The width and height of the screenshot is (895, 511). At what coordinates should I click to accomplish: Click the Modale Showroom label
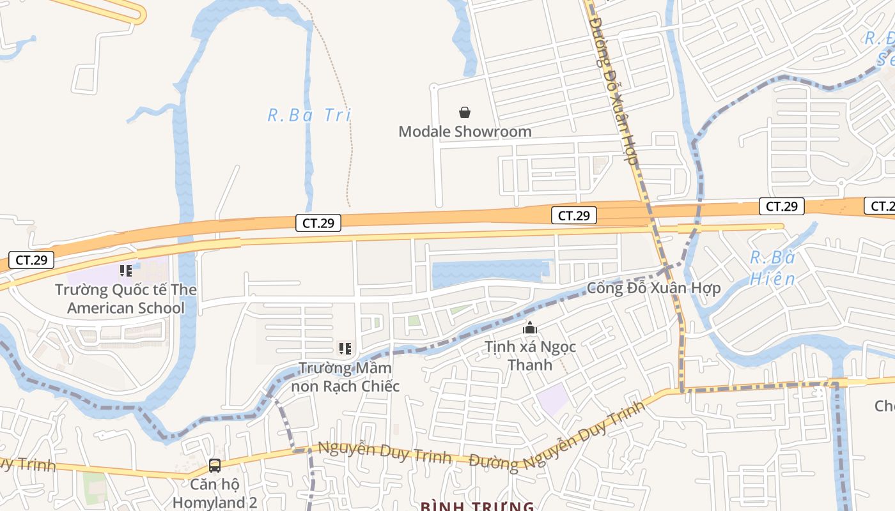click(465, 132)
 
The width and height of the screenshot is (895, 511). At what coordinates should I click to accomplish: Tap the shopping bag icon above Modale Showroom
click(465, 113)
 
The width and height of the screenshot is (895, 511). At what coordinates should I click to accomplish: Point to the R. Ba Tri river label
click(309, 116)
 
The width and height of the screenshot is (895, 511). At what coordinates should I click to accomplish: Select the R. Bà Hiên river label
click(772, 268)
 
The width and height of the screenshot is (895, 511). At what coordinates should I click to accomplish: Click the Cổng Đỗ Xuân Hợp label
click(653, 288)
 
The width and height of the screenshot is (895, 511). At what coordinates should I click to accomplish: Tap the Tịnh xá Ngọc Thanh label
click(530, 356)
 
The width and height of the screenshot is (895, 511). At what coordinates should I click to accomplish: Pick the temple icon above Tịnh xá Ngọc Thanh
click(530, 329)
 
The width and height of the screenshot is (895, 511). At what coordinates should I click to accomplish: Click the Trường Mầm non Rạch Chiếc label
click(345, 377)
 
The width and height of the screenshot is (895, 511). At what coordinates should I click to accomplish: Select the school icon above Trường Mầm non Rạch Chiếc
click(345, 349)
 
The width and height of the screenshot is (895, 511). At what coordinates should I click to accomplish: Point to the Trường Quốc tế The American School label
click(125, 299)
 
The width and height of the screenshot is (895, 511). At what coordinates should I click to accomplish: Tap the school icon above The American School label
click(126, 271)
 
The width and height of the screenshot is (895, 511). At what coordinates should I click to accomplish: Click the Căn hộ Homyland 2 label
click(214, 494)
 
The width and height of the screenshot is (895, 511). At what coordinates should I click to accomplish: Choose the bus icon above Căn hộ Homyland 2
click(215, 466)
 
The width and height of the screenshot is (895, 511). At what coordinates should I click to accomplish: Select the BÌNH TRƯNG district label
click(477, 507)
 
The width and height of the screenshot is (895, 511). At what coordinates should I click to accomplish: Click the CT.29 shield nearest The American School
click(31, 260)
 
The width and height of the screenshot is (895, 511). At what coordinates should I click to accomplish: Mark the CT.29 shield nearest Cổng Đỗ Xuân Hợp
click(573, 216)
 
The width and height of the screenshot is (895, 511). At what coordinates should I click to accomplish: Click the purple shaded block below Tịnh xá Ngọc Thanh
click(552, 400)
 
